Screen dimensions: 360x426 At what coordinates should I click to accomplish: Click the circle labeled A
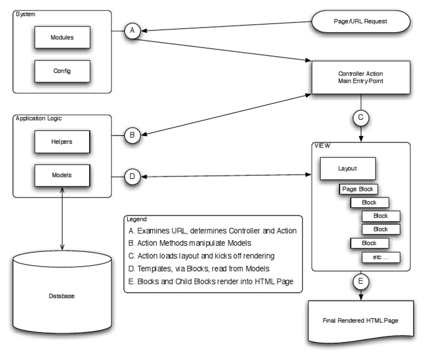tap(132, 31)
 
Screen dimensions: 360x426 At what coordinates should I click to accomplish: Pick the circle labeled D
tap(132, 176)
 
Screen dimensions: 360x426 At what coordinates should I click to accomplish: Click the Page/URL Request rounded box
tap(361, 22)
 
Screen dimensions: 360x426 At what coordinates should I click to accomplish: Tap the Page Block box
tap(358, 189)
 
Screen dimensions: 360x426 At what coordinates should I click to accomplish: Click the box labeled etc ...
tap(381, 257)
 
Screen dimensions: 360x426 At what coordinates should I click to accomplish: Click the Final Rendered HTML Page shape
tap(361, 321)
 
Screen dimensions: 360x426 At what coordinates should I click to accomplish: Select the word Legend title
tap(136, 219)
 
